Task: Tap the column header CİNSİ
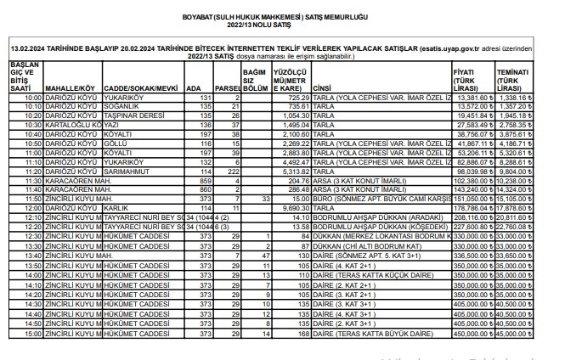pos(321,88)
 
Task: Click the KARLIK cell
pos(116,206)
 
